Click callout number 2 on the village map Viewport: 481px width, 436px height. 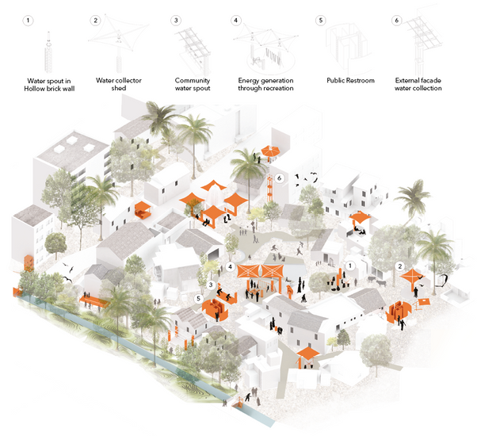pos(400,266)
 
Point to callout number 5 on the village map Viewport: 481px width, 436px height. pos(198,298)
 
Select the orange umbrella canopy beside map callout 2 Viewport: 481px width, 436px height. pos(413,277)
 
